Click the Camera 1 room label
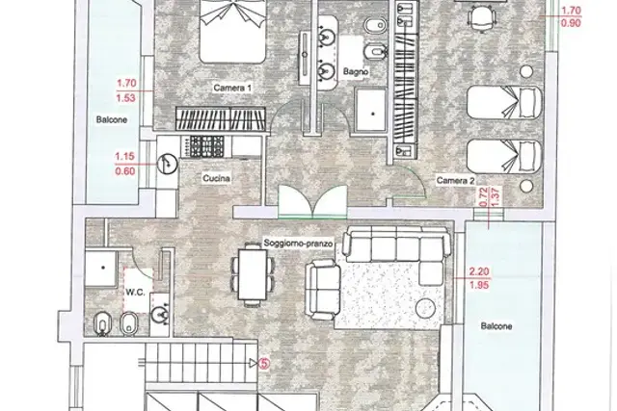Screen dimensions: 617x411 232,88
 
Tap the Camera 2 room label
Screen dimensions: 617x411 455,181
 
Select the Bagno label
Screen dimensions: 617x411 356,72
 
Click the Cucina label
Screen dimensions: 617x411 216,178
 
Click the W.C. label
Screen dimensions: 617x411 135,292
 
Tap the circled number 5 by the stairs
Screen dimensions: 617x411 264,364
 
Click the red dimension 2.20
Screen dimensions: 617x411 479,271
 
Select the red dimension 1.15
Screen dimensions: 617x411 124,156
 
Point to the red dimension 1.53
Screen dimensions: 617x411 126,98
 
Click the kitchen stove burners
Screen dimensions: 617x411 207,145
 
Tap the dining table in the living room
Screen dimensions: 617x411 253,274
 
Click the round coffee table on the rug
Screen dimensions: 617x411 425,308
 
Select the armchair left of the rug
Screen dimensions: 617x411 323,290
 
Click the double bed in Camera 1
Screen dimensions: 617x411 231,32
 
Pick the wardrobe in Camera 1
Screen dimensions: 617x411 222,118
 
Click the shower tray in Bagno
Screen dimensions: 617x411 370,111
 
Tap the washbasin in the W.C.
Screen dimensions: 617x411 160,314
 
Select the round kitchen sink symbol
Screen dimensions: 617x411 167,164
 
